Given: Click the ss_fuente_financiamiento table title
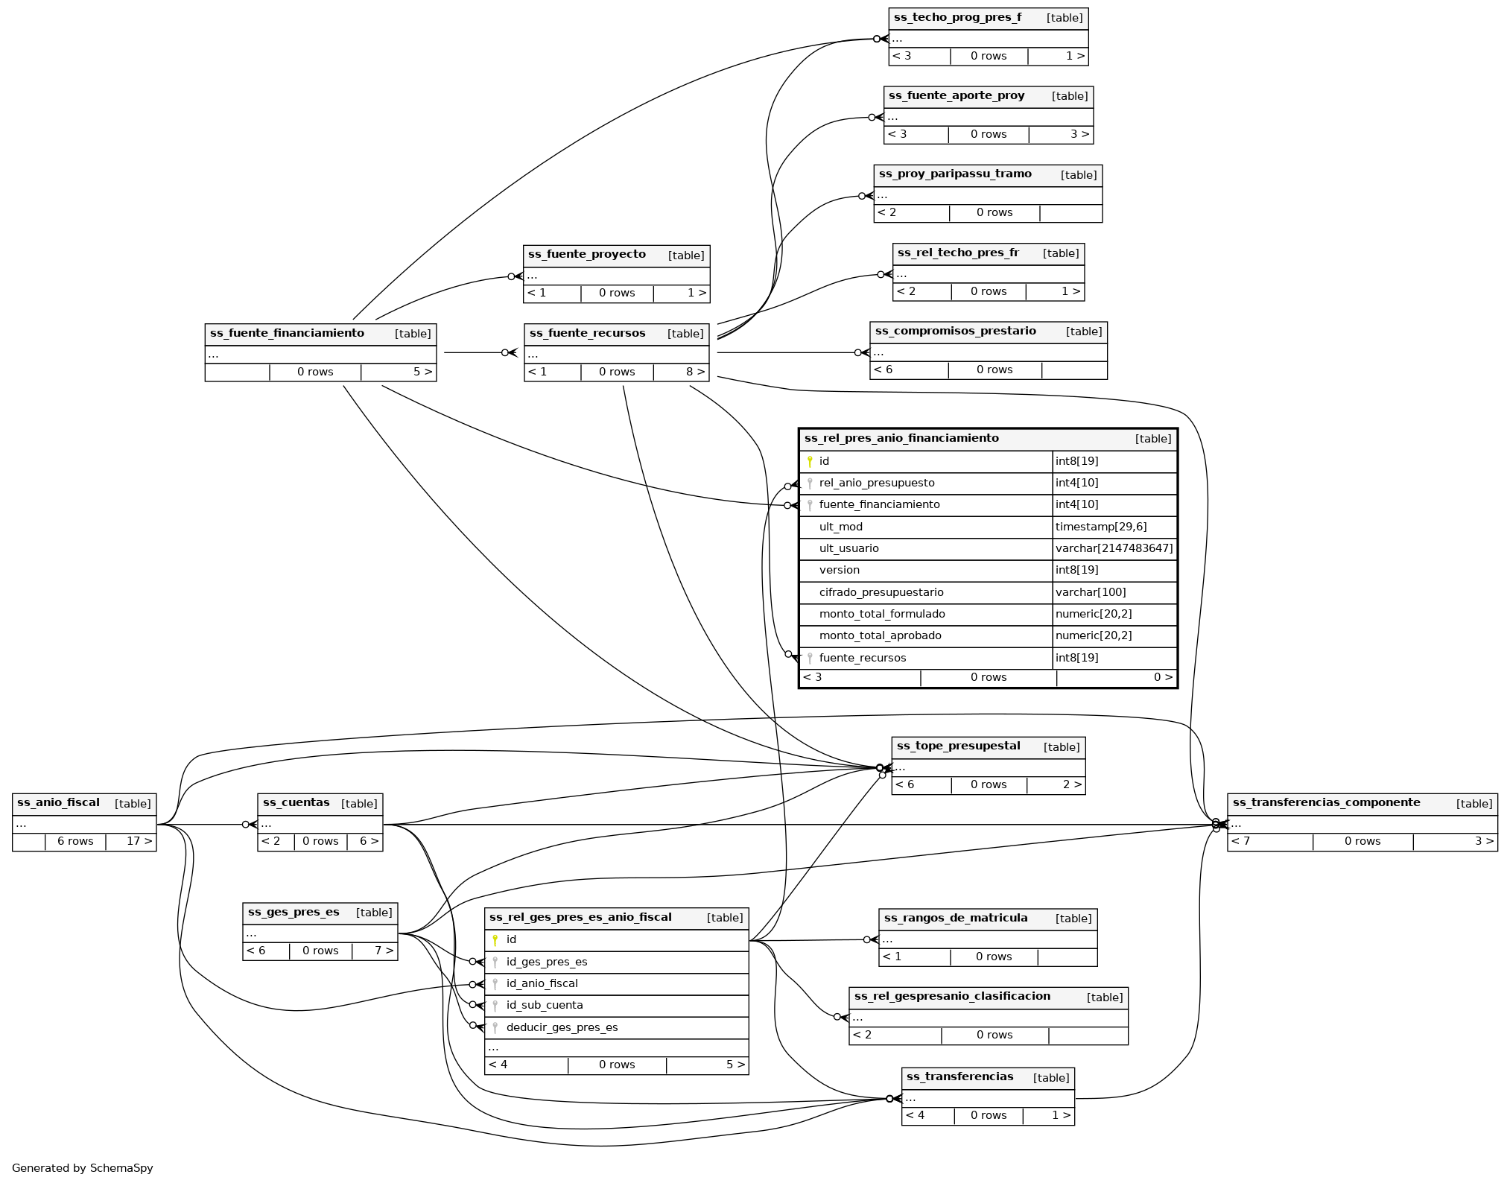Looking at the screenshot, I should click(x=287, y=333).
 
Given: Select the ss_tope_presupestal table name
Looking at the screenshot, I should click(x=958, y=746).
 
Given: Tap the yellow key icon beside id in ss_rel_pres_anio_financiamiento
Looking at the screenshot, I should click(x=810, y=461).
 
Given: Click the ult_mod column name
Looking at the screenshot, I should click(x=840, y=527).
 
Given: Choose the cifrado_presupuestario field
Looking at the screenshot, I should click(x=881, y=592).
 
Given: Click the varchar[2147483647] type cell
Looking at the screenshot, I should click(x=1114, y=548).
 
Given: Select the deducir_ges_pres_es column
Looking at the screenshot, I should click(x=562, y=1027).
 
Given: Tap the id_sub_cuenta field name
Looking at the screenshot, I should click(x=544, y=1005).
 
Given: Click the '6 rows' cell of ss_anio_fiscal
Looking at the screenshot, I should click(x=75, y=841).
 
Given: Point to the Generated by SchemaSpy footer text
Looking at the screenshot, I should click(x=82, y=1168).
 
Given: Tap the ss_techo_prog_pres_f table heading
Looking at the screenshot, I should click(x=957, y=17).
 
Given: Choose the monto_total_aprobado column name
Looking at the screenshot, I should click(x=880, y=635).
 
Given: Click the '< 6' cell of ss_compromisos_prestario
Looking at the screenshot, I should click(x=884, y=370).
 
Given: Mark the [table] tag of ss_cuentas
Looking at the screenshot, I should click(x=359, y=803).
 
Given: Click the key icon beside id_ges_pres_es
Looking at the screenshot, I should click(x=495, y=962).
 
